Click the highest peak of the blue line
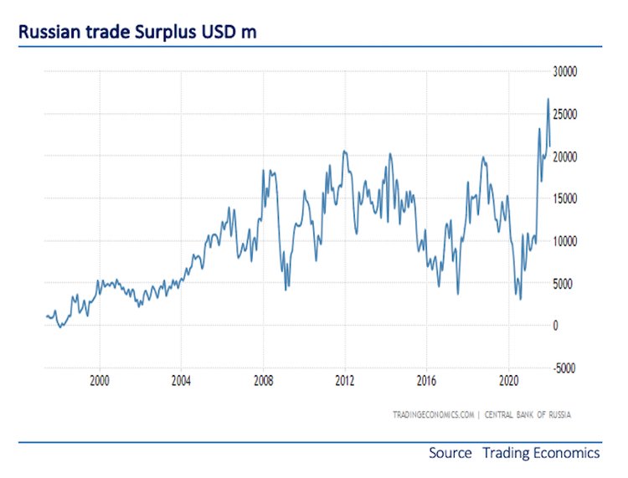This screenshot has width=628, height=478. [548, 100]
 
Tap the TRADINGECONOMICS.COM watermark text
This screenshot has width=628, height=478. [433, 414]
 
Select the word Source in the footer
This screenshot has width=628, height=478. [450, 453]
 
